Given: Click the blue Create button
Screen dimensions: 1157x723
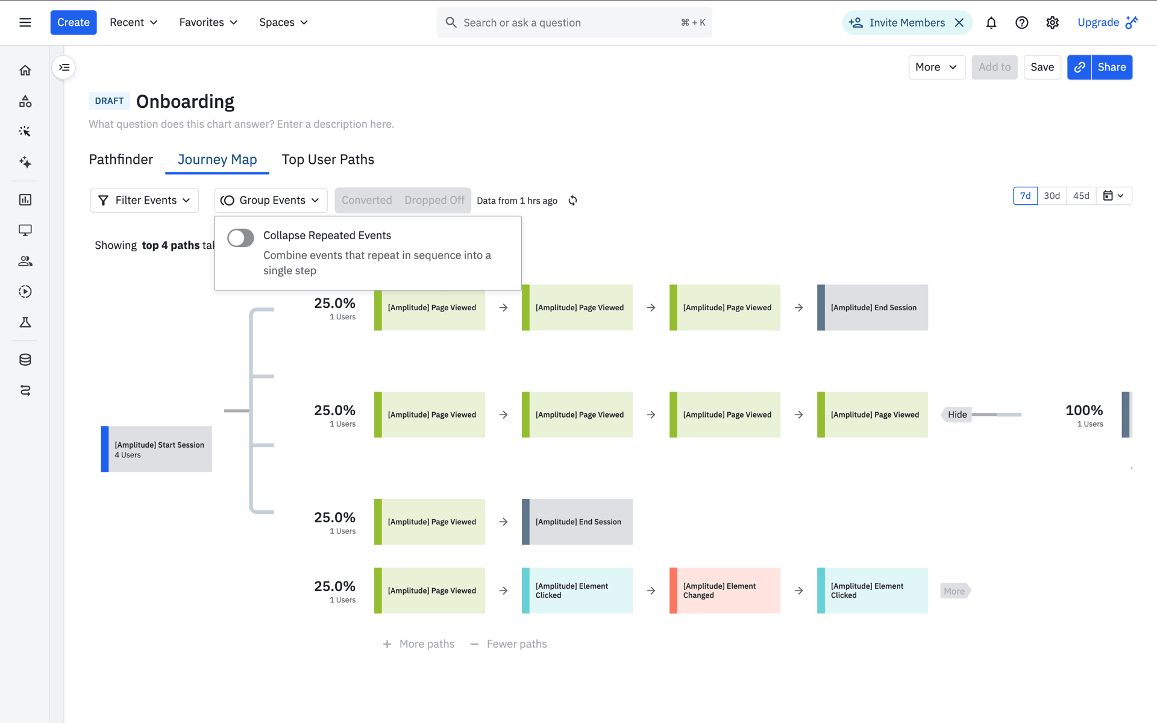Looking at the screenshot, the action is click(x=74, y=22).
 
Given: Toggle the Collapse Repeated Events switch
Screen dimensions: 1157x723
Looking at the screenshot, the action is click(x=240, y=238).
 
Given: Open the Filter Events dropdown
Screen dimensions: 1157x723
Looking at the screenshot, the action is click(x=145, y=200).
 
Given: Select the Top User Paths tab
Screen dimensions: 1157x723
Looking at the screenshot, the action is click(x=328, y=159).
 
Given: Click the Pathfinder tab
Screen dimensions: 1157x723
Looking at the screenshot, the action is click(x=121, y=159).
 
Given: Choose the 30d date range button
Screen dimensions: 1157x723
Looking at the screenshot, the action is click(x=1052, y=196).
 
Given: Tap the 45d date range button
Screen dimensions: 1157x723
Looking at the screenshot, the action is click(x=1081, y=196).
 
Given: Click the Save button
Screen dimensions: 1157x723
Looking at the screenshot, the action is click(x=1042, y=67).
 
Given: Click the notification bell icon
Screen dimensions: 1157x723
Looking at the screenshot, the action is click(x=991, y=23).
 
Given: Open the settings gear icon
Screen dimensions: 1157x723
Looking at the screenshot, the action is click(x=1052, y=23).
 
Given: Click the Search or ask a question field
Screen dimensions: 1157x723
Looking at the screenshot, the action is click(x=574, y=23).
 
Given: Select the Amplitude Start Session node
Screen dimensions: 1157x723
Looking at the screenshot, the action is click(x=157, y=449).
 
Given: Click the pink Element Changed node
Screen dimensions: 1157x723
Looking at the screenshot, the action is click(x=725, y=590).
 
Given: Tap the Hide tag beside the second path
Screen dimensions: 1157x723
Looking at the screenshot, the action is click(x=956, y=415).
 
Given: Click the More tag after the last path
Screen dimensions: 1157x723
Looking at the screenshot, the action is click(x=955, y=591).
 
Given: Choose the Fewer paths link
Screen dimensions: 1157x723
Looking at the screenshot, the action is click(x=509, y=644).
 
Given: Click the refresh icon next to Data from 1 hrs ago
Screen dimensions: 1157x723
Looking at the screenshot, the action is click(x=573, y=201).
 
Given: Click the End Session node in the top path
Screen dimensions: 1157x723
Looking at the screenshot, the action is click(x=873, y=307).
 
